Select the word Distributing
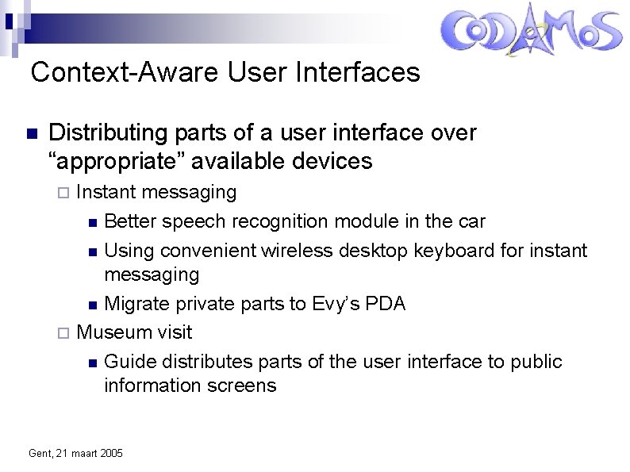(x=108, y=133)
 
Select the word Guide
(x=130, y=362)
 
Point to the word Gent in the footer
(x=39, y=453)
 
